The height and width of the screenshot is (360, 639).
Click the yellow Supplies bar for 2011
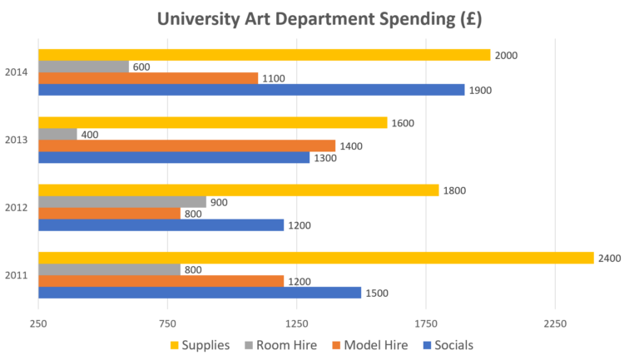point(316,258)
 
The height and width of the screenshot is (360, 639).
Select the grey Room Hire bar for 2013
point(57,134)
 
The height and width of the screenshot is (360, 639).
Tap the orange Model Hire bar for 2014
point(148,78)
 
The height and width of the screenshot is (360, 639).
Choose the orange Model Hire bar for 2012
point(109,213)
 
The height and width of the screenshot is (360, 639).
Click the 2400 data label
point(610,259)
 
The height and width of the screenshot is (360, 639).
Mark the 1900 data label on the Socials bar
point(480,90)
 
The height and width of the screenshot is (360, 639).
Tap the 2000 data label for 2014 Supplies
point(506,56)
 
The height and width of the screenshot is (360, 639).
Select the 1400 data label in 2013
point(350,146)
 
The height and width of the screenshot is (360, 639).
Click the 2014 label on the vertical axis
point(17,72)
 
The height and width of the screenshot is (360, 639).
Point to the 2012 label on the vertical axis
point(17,207)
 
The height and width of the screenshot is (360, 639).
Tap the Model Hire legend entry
point(372,345)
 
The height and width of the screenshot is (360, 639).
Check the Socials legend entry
point(452,345)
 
